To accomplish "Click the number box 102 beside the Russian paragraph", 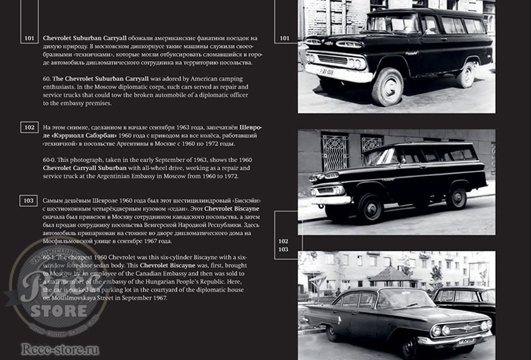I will click(29, 127).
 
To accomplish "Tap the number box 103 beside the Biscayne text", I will click(29, 201).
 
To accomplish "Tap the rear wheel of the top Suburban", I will click(466, 74).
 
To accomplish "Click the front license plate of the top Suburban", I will click(327, 72).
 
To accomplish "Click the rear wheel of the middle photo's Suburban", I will click(455, 198).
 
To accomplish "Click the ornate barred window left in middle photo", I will click(335, 152).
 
